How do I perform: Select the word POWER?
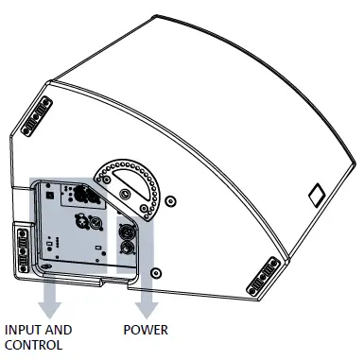pyautogui.click(x=147, y=331)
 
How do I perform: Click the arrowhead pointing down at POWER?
pyautogui.click(x=146, y=306)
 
